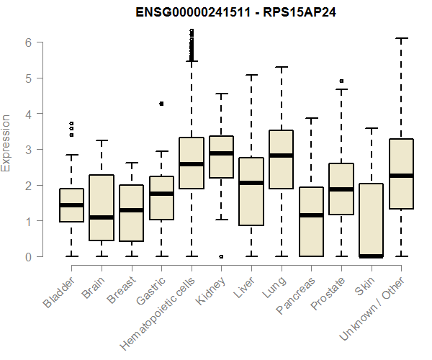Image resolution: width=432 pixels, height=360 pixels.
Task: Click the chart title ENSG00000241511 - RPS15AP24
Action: (x=215, y=13)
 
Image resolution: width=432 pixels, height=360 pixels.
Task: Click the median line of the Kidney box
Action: (x=221, y=153)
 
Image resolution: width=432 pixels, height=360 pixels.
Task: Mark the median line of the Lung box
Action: (x=282, y=156)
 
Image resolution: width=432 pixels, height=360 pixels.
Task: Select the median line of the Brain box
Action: (x=101, y=217)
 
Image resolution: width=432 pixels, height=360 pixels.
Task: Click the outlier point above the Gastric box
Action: (x=161, y=104)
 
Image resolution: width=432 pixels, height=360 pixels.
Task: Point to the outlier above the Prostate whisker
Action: (x=342, y=81)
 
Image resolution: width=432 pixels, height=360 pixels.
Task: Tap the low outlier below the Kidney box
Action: (x=221, y=256)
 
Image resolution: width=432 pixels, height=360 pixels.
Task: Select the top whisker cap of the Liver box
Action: (x=251, y=75)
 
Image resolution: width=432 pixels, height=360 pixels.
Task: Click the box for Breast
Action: (x=131, y=213)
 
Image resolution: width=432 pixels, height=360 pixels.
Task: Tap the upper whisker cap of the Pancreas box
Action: (x=312, y=118)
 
